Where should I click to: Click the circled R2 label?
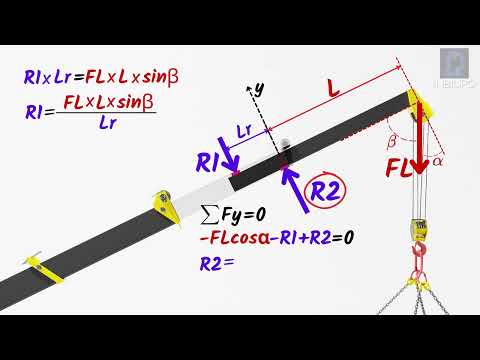pyautogui.click(x=325, y=191)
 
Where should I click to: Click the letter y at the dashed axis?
pyautogui.click(x=258, y=89)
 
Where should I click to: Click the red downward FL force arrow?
pyautogui.click(x=421, y=140)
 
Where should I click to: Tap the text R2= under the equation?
pyautogui.click(x=216, y=263)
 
